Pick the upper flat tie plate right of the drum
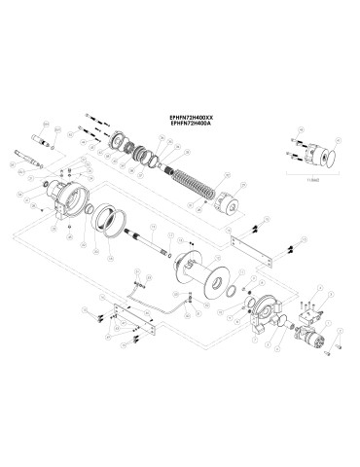251,249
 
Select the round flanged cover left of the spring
125,141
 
